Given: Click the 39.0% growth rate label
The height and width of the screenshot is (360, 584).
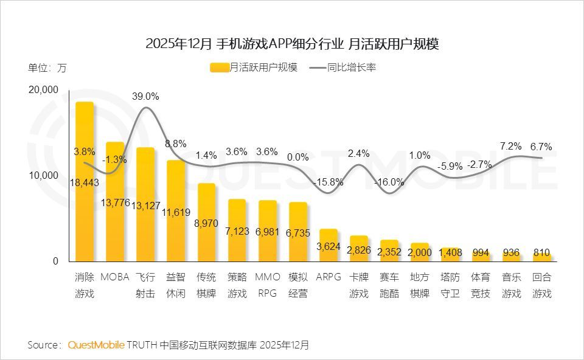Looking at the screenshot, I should click(x=145, y=96).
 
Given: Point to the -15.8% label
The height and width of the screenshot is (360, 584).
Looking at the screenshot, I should click(x=328, y=182).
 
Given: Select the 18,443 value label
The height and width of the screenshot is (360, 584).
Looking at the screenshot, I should click(x=85, y=182).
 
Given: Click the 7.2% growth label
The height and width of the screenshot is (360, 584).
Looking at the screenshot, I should click(x=511, y=146).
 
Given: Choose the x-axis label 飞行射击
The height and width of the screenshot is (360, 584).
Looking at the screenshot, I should click(x=145, y=285).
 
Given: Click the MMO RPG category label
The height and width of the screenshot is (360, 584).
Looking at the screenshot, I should click(x=267, y=285).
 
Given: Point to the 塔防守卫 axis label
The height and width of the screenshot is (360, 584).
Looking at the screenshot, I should click(x=450, y=285).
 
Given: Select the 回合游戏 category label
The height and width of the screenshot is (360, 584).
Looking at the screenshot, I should click(x=541, y=285).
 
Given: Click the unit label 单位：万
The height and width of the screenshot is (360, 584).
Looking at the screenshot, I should click(x=47, y=67).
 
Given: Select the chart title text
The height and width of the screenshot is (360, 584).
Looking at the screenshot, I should click(x=292, y=44).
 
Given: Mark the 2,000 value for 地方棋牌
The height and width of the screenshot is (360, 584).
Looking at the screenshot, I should click(x=420, y=252).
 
